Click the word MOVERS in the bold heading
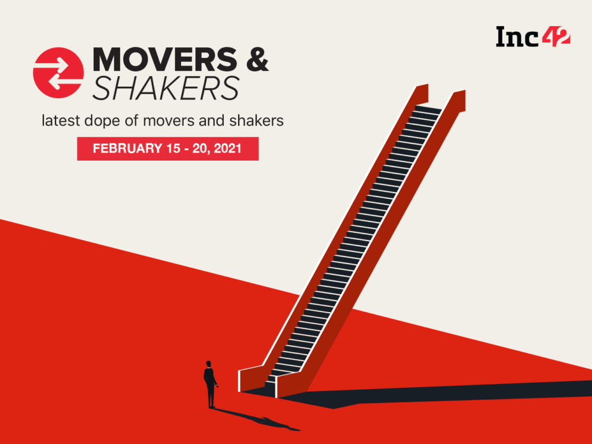click(x=165, y=60)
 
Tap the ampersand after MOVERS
click(x=257, y=60)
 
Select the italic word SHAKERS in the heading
click(x=166, y=88)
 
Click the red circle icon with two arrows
click(x=58, y=73)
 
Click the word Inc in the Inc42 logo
click(x=517, y=37)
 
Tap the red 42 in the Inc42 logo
click(x=556, y=36)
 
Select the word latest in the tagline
click(x=61, y=121)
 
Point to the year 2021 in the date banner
click(x=227, y=149)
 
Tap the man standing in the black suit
click(x=210, y=384)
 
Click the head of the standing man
click(x=208, y=364)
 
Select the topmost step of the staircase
click(x=428, y=108)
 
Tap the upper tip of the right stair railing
click(x=464, y=91)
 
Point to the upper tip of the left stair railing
click(x=427, y=84)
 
